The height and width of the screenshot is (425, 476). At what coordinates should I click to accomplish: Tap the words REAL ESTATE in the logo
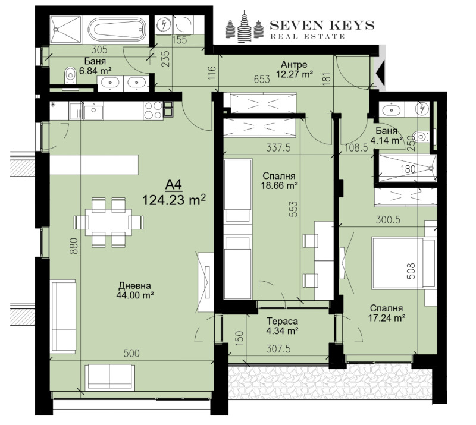point(308,37)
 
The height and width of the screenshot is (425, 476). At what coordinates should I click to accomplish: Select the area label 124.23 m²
point(174,200)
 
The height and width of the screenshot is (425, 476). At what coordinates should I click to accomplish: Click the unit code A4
point(174,184)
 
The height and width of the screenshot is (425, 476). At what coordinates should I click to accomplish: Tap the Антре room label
point(295,64)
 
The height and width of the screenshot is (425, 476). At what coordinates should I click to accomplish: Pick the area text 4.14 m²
point(386,141)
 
